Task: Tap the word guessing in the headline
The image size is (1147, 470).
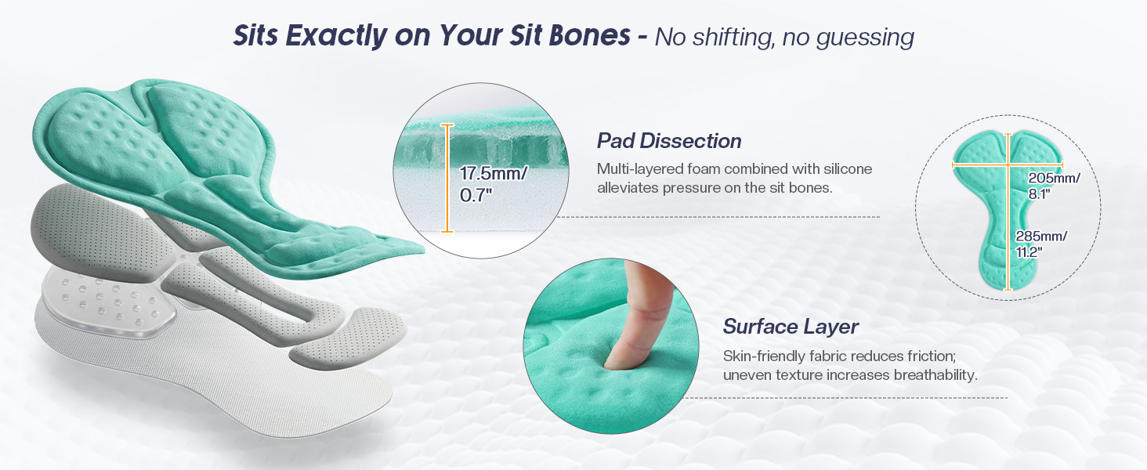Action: tap(866, 38)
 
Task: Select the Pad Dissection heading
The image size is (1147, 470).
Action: tap(669, 141)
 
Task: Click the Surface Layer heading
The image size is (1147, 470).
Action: tap(790, 327)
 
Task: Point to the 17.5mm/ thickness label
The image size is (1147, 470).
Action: tap(493, 173)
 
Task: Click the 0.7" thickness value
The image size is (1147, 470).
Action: tap(476, 195)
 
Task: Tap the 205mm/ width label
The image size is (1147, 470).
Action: tap(1054, 178)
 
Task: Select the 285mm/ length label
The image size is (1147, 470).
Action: tap(1041, 236)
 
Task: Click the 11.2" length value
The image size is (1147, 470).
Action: tap(1029, 252)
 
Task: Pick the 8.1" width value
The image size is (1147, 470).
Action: tap(1040, 193)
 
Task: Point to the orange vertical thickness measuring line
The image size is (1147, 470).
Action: tap(447, 178)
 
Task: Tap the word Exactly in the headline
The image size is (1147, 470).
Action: tap(336, 36)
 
